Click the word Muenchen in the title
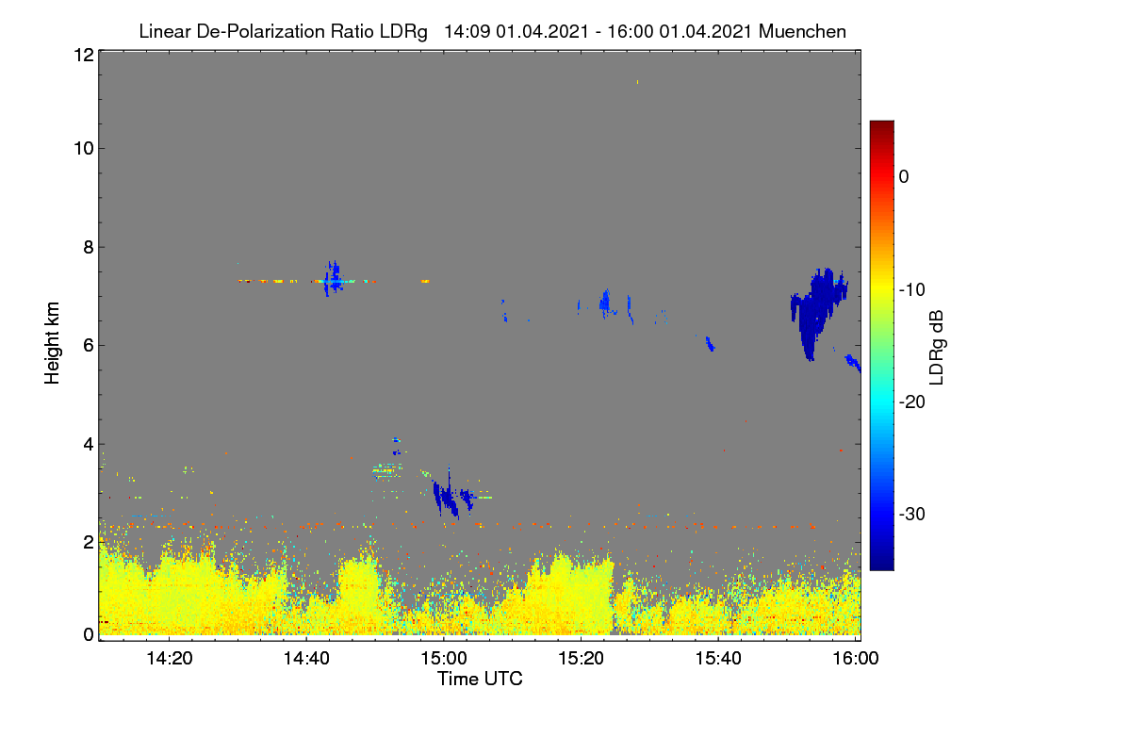point(802,31)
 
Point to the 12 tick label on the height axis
point(84,55)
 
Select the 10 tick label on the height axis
point(84,149)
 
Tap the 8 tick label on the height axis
point(89,247)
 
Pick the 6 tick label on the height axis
point(89,346)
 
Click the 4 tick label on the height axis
point(89,445)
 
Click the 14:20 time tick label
point(169,658)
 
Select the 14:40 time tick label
point(306,658)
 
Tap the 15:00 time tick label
point(444,658)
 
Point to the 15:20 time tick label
point(582,658)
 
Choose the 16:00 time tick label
point(856,658)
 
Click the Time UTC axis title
point(480,679)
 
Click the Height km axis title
point(52,343)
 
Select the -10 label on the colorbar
point(912,290)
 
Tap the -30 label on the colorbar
point(912,514)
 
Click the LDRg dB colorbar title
point(937,348)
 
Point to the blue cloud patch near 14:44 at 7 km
point(333,279)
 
